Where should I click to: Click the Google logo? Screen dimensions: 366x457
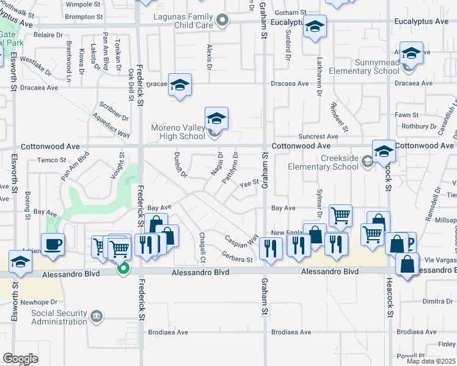[20, 358]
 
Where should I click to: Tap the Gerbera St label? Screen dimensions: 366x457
[238, 260]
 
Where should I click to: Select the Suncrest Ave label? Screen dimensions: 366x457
[317, 137]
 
